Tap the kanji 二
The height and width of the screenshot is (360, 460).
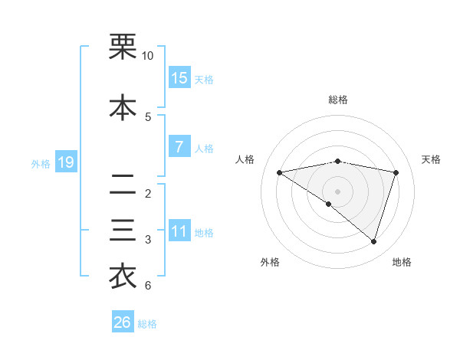[123, 184]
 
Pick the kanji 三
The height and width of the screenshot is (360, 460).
[123, 231]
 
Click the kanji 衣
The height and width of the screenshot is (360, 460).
[123, 277]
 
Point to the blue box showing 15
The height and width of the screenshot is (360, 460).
[179, 78]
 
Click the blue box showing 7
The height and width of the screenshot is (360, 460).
[179, 147]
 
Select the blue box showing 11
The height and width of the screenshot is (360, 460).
[179, 231]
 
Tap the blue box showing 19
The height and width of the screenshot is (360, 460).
[65, 162]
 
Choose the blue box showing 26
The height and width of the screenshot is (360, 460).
[123, 322]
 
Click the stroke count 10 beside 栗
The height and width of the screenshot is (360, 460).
[147, 57]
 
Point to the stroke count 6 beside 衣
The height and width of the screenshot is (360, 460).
[147, 286]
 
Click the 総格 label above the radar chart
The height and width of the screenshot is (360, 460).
[337, 100]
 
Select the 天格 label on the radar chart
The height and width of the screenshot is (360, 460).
[432, 159]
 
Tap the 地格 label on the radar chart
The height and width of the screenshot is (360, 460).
[402, 262]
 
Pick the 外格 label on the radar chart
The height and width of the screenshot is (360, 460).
[270, 262]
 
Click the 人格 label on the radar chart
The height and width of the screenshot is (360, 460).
[245, 159]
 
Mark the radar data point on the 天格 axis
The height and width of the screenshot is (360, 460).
[396, 172]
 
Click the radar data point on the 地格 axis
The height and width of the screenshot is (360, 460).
[373, 241]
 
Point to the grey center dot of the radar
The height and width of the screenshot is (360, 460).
[337, 191]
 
